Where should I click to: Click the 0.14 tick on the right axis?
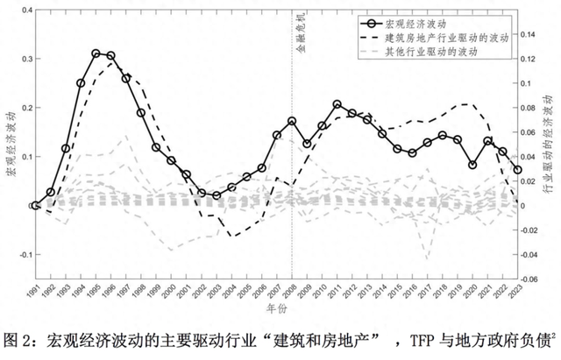click(x=530, y=34)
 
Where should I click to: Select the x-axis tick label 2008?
click(x=291, y=293)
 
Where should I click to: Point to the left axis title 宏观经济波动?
click(x=11, y=145)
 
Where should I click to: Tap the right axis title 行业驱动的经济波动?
click(x=550, y=145)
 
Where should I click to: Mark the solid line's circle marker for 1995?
click(x=96, y=53)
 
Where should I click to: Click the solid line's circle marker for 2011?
click(x=337, y=104)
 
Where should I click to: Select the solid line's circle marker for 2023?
click(x=517, y=170)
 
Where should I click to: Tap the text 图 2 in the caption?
click(x=19, y=338)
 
